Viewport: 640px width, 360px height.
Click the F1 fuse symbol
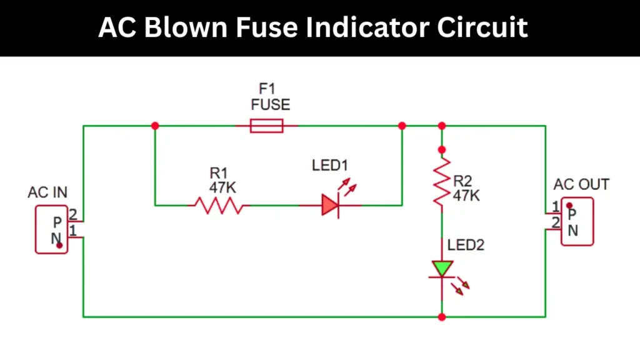tap(267, 126)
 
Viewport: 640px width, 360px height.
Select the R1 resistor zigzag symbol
tap(218, 205)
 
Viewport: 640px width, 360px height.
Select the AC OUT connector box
tap(576, 222)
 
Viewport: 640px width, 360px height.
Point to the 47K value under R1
tap(223, 186)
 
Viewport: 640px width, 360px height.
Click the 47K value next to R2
tap(466, 196)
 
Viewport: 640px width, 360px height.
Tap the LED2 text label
tap(466, 245)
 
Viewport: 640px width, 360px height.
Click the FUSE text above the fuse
tap(270, 104)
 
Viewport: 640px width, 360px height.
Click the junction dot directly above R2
tap(442, 149)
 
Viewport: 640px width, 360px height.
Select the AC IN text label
tap(47, 192)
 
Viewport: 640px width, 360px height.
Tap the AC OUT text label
tap(581, 185)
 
